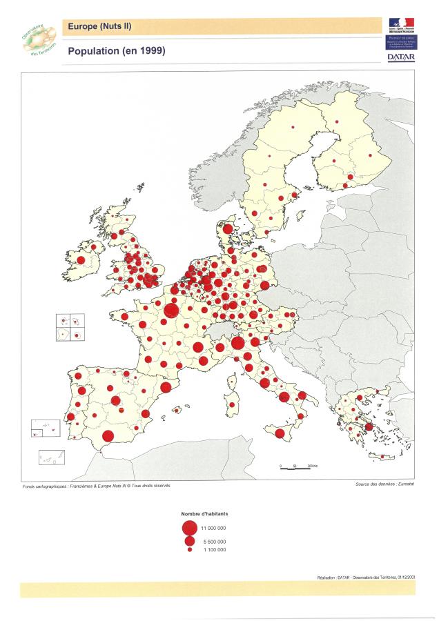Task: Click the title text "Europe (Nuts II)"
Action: point(99,27)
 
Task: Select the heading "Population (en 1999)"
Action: point(116,51)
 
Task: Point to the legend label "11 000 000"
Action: point(213,529)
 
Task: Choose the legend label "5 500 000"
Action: point(212,542)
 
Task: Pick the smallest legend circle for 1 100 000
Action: point(189,550)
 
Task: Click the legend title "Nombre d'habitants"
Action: point(204,515)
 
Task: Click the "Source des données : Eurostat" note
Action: point(384,485)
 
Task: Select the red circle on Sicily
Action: point(280,433)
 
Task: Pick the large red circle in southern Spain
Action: point(108,435)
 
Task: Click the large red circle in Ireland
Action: point(81,260)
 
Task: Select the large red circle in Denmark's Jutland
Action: point(228,228)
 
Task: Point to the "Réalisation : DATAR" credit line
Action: point(367,577)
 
